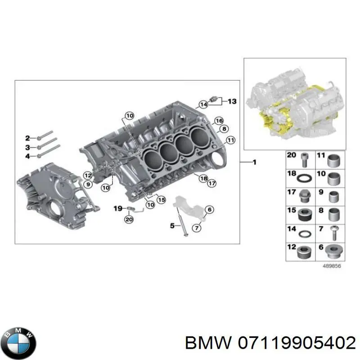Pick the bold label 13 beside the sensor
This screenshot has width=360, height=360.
tap(232, 101)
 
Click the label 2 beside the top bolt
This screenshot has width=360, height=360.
tap(27, 138)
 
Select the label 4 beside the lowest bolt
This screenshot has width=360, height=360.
tap(27, 156)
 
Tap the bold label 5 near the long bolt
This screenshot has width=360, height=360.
tap(171, 226)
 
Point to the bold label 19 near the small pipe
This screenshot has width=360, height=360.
tap(117, 208)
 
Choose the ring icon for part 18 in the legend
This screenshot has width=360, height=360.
tap(304, 177)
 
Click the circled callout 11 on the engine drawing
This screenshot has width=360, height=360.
tap(230, 140)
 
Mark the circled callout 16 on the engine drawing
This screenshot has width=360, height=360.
tap(219, 121)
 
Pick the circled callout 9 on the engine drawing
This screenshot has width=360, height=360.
tap(89, 184)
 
